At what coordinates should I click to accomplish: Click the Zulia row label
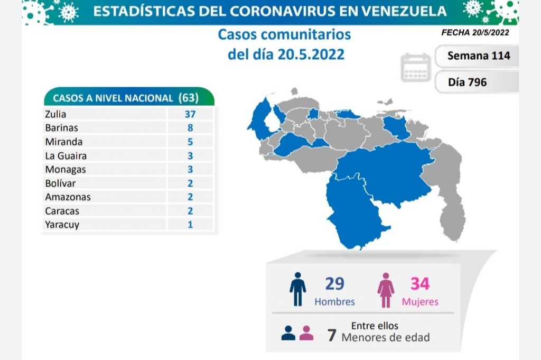point(56,114)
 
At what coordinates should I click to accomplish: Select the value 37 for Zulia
point(190,114)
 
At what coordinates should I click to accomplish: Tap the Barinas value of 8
point(190,127)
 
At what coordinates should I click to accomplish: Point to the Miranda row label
point(63,142)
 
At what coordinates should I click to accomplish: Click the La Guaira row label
point(66,155)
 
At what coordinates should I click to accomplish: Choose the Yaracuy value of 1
point(190,224)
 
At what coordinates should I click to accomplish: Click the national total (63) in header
point(189,98)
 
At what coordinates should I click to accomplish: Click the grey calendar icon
point(416,68)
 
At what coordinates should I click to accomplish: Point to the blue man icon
point(297,289)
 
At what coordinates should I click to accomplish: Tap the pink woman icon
point(386,290)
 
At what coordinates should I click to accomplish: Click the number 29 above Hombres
point(334,284)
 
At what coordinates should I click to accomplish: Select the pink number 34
point(420,284)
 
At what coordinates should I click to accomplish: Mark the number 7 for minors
point(332,336)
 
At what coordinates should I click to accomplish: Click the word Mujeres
point(420,302)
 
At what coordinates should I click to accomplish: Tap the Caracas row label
point(63,210)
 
